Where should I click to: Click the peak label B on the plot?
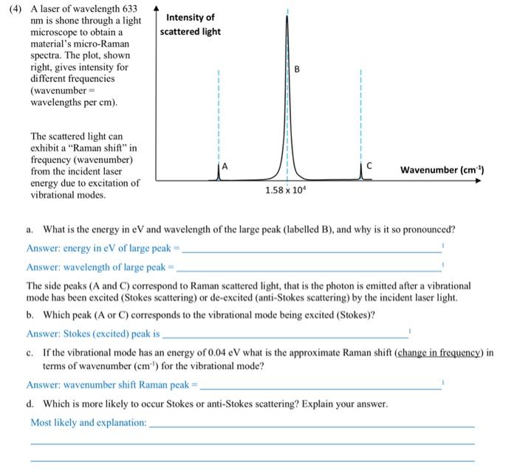pos(298,70)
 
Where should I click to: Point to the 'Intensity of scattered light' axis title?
pos(191,24)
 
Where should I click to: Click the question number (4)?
pos(16,7)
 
